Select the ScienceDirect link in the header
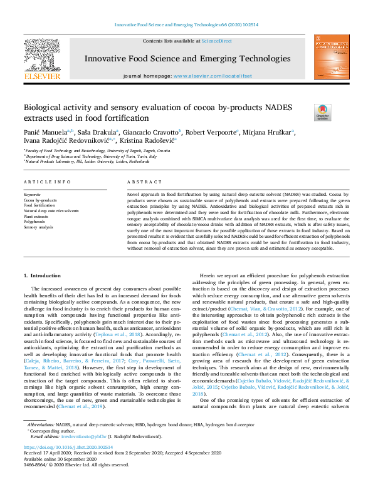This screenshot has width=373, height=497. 218,41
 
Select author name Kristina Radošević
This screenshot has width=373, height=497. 149,141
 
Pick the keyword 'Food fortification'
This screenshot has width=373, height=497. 39,205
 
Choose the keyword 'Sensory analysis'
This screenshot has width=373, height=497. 38,227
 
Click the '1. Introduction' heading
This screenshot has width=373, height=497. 42,275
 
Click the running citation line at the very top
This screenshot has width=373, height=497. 186,25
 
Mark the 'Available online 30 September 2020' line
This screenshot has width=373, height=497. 63,458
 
